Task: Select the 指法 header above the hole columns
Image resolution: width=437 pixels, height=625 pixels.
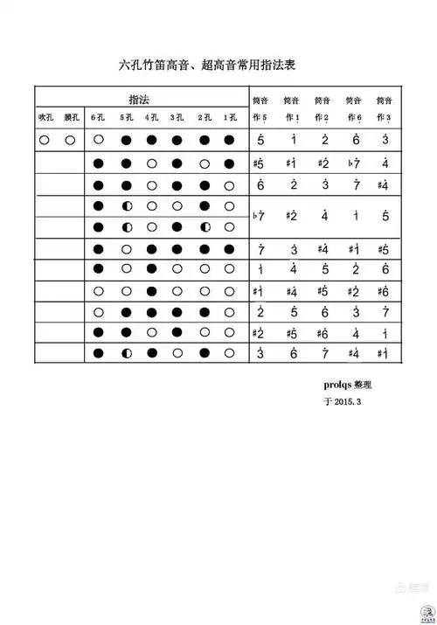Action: point(138,99)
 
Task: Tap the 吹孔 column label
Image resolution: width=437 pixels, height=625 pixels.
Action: point(45,117)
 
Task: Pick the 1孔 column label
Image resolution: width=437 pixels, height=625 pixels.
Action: point(229,117)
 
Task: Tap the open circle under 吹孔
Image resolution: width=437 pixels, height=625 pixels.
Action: point(45,140)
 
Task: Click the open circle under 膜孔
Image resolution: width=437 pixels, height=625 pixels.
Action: point(71,140)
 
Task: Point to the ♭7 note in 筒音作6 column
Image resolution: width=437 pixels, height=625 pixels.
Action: point(352,163)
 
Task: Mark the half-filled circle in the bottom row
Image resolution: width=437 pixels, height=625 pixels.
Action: point(125,353)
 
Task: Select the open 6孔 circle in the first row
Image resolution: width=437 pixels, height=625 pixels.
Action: point(98,140)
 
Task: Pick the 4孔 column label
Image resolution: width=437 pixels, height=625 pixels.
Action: point(151,117)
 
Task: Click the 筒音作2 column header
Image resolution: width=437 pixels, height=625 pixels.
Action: point(323,108)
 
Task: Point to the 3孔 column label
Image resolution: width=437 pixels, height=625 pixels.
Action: point(177,117)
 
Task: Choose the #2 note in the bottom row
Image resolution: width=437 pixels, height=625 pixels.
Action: point(259,332)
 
